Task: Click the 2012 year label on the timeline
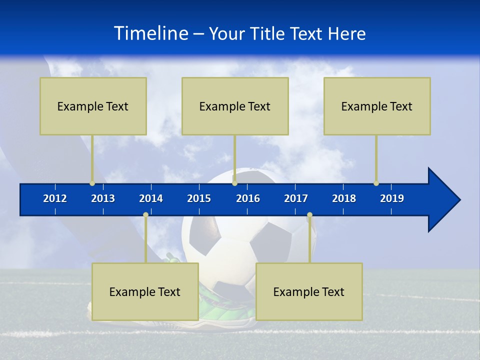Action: [55, 198]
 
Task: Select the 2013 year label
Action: [103, 198]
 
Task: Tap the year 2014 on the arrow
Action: [151, 198]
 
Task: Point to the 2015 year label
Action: [199, 198]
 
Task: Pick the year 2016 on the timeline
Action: [248, 198]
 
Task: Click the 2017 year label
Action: [296, 198]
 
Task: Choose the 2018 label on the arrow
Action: [344, 198]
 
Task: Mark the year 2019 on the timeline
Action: [392, 198]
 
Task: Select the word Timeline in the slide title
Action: [150, 33]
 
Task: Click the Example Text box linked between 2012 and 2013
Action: [93, 106]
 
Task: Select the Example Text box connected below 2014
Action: [145, 291]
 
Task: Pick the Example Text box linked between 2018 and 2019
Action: [377, 106]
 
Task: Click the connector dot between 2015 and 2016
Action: [234, 183]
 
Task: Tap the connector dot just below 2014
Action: [145, 215]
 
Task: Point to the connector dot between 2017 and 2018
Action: [309, 215]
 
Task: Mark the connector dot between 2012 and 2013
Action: [92, 183]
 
